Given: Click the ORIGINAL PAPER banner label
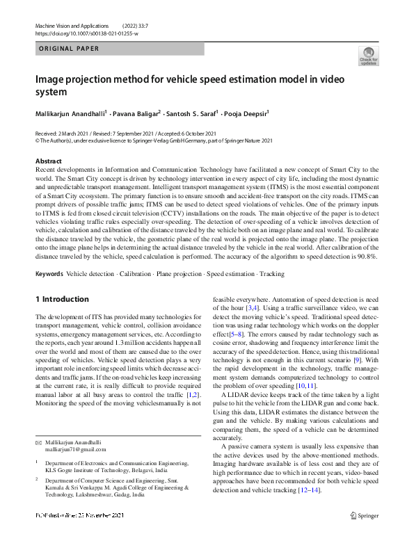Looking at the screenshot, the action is pos(68,49).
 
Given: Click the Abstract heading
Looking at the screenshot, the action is pos(48,161).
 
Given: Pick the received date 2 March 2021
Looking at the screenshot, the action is pos(77,133).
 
